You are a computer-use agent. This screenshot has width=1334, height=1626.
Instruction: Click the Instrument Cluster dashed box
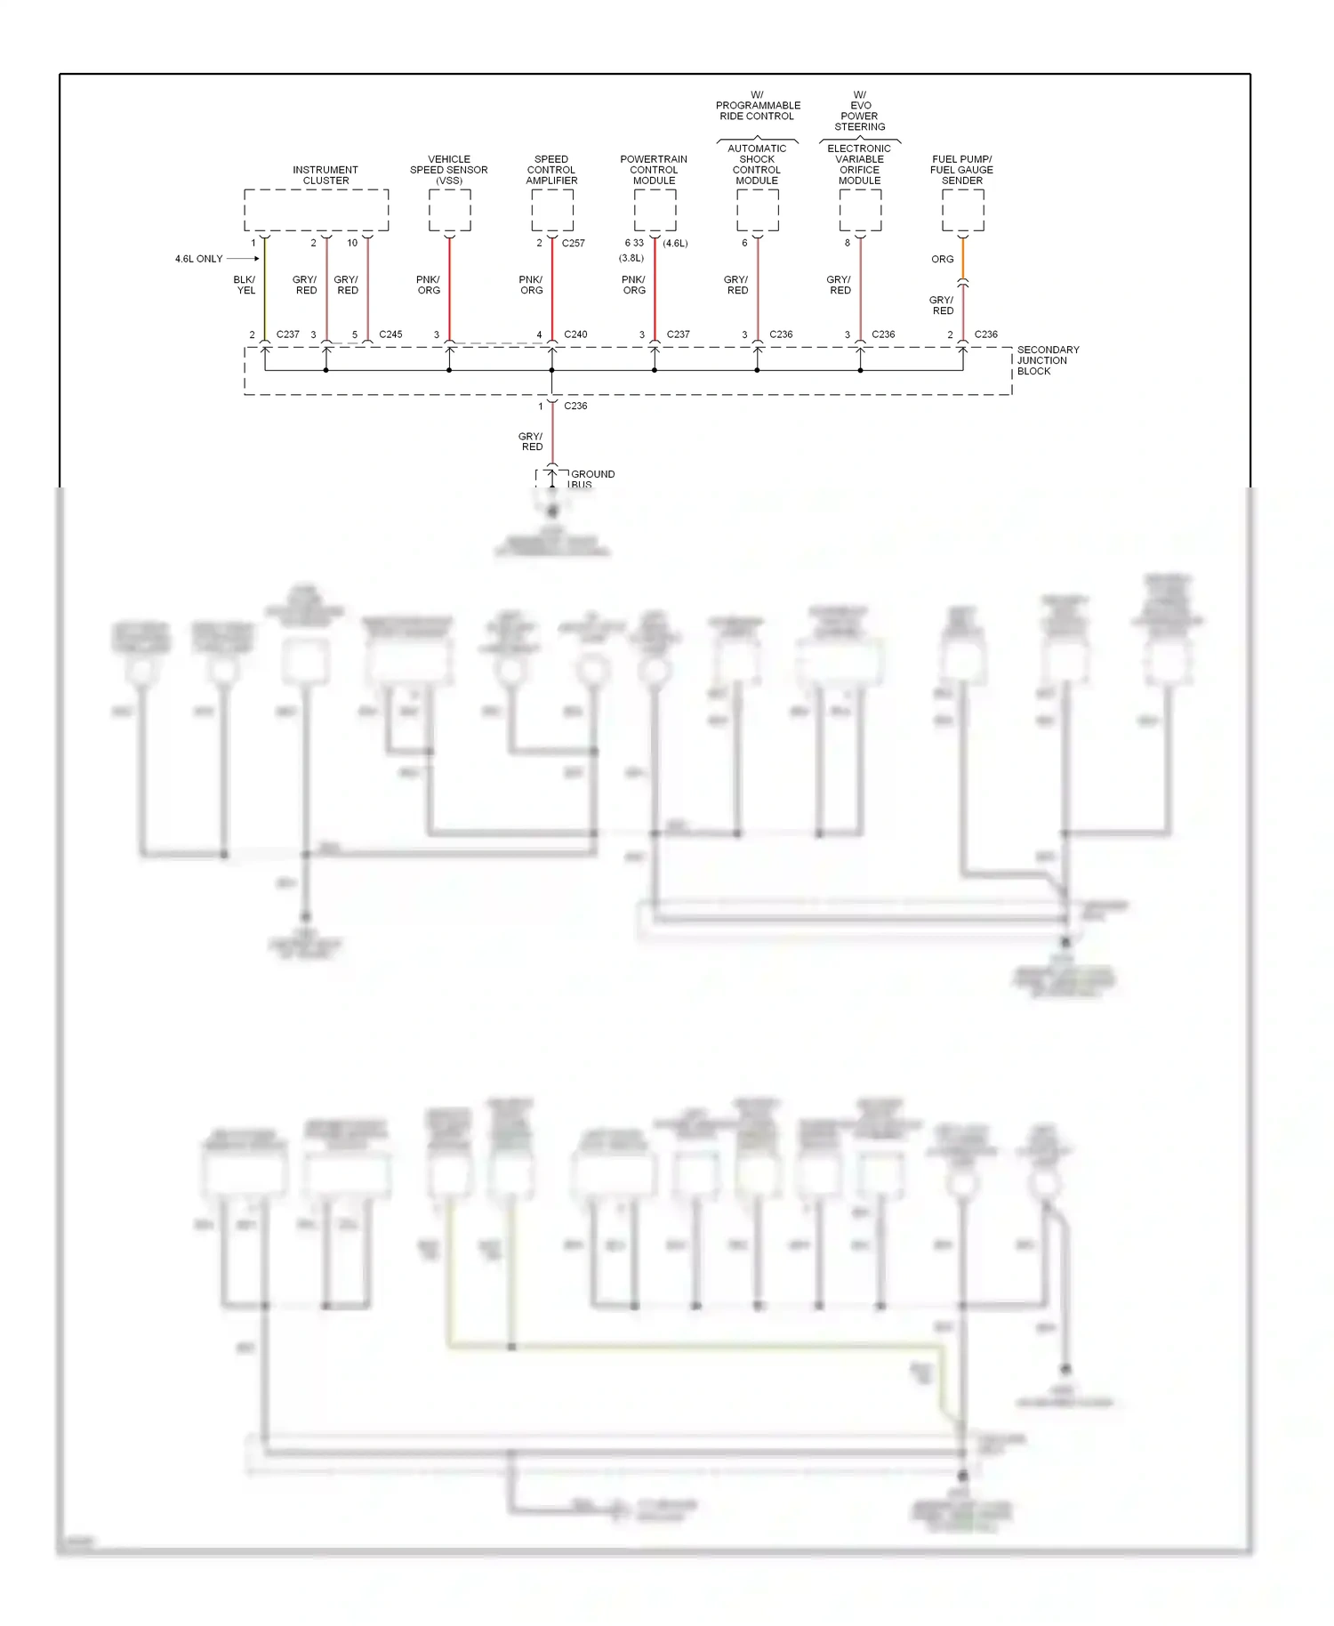pyautogui.click(x=316, y=211)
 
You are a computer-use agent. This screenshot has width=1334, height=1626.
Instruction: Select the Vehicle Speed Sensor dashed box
pyautogui.click(x=449, y=211)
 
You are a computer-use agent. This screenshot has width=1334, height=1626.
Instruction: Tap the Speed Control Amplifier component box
pyautogui.click(x=551, y=211)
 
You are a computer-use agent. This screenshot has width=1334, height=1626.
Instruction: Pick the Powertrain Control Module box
pyautogui.click(x=655, y=211)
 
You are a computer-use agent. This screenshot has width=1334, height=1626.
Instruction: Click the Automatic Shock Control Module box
pyautogui.click(x=757, y=211)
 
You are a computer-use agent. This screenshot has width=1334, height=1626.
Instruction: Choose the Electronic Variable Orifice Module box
pyautogui.click(x=860, y=211)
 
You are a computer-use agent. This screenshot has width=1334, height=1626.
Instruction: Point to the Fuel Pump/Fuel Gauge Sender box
pyautogui.click(x=962, y=211)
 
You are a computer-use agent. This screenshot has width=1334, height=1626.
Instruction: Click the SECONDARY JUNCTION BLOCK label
pyautogui.click(x=1047, y=360)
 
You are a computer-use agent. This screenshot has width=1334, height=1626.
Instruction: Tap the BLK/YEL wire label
pyautogui.click(x=245, y=285)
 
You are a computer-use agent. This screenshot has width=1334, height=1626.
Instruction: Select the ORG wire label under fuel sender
pyautogui.click(x=942, y=260)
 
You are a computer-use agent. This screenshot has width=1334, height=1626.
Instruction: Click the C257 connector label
pyautogui.click(x=573, y=243)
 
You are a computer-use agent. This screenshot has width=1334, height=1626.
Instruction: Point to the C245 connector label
pyautogui.click(x=390, y=334)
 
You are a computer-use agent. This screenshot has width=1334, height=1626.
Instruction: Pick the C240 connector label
pyautogui.click(x=575, y=334)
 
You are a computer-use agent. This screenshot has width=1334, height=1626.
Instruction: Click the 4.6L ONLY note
pyautogui.click(x=198, y=259)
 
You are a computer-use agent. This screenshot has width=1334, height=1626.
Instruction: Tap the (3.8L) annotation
pyautogui.click(x=631, y=258)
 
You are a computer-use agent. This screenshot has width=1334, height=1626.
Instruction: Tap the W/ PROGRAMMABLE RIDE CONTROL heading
pyautogui.click(x=758, y=106)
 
